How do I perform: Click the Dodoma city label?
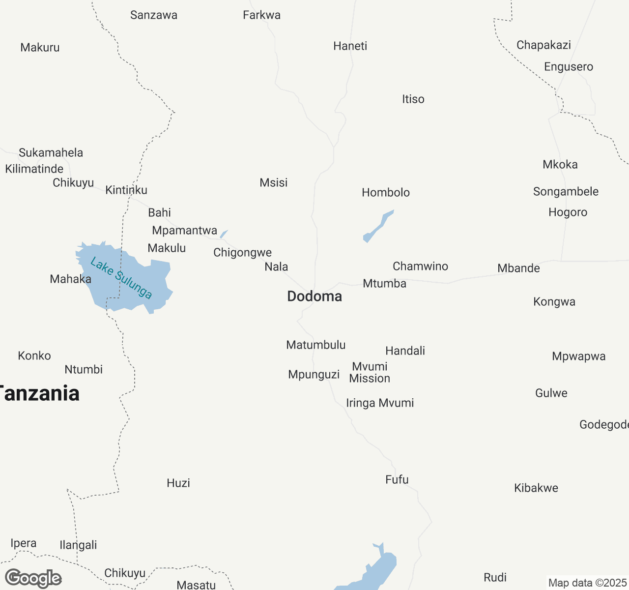click(314, 296)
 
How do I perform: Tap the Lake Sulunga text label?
click(121, 278)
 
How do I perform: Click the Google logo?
click(33, 578)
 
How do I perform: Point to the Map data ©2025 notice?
click(587, 583)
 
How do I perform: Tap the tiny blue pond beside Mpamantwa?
click(224, 234)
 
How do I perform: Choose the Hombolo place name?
click(386, 192)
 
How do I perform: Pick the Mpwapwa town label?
click(578, 356)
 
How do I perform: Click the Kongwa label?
click(554, 301)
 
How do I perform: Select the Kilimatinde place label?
click(34, 169)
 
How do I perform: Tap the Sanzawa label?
click(154, 15)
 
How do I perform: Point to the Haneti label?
click(350, 46)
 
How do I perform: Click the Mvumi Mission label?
click(370, 372)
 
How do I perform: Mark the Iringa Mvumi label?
click(380, 403)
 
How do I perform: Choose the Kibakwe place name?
click(536, 488)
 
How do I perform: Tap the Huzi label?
click(178, 483)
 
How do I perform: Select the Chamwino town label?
click(420, 266)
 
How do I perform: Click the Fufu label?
click(397, 479)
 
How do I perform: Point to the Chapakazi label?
click(543, 45)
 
